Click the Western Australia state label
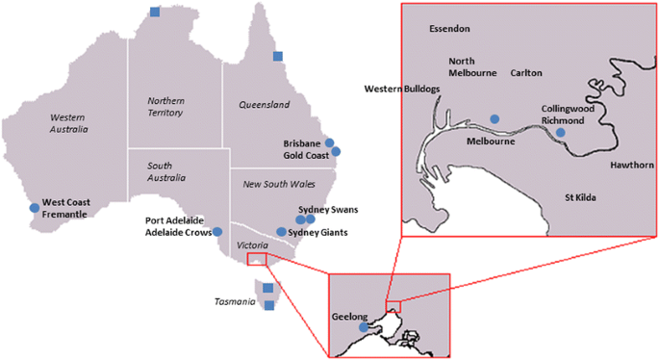(x=68, y=121)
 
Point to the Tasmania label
(x=235, y=302)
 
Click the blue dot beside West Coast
(x=35, y=207)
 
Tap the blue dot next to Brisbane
(x=329, y=143)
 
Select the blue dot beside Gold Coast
(x=336, y=152)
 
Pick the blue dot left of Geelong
(x=363, y=327)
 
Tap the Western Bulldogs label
(x=402, y=89)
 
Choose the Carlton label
(x=526, y=73)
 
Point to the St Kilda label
(x=584, y=198)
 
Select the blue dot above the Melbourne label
(x=494, y=118)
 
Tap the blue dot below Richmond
(x=560, y=132)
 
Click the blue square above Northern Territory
(x=156, y=13)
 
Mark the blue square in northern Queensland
(x=277, y=56)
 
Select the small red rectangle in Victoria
(x=258, y=258)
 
